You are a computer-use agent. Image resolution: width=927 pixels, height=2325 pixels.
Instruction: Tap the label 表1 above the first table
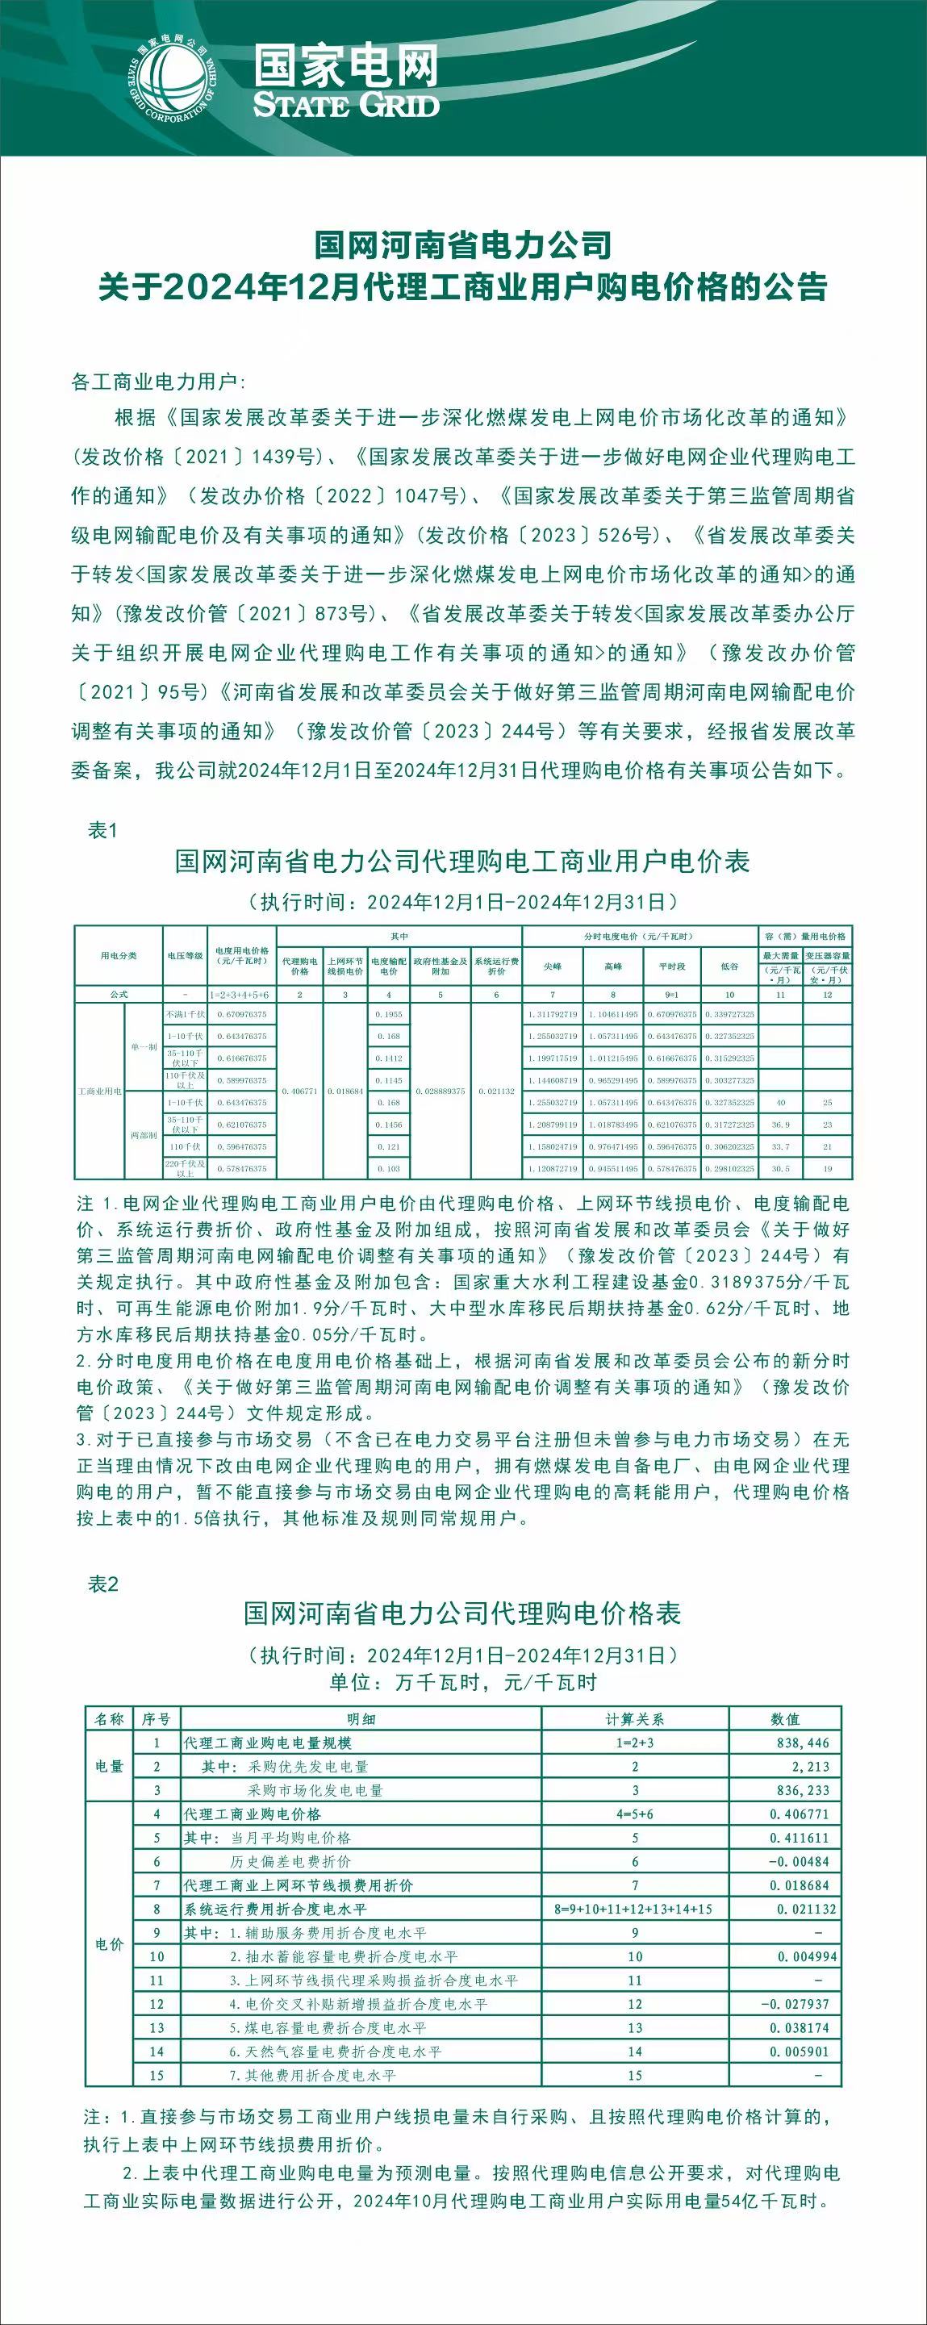102,830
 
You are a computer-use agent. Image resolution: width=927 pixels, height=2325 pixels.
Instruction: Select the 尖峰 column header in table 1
553,966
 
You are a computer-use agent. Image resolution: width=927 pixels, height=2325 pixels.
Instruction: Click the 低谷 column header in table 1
729,966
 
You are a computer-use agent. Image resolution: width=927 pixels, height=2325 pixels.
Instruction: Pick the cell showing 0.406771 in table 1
299,1092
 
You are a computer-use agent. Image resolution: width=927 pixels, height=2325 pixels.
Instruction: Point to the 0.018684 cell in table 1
344,1092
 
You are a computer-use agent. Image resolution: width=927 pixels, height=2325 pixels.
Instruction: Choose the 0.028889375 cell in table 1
441,1092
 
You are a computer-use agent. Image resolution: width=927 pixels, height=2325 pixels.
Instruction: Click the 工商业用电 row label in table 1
99,1092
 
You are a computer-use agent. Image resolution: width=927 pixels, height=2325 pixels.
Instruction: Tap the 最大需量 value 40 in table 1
781,1103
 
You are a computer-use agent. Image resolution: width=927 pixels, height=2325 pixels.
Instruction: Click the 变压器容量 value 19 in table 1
828,1169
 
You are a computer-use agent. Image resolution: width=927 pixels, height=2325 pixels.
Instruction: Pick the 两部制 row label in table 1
144,1135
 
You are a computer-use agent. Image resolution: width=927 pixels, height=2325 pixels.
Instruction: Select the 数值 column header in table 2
785,1718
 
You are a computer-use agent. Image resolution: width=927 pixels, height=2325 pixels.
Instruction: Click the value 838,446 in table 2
803,1743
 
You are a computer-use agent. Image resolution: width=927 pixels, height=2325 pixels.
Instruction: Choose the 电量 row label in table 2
109,1766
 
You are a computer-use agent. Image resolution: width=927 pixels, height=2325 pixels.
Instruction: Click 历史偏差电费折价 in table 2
290,1861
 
